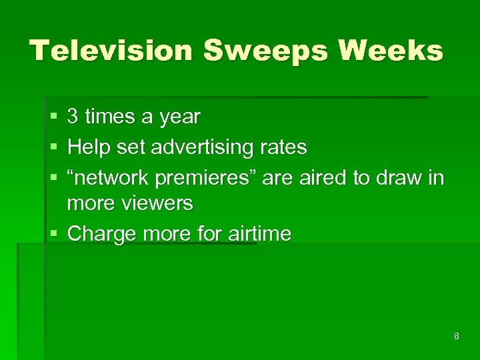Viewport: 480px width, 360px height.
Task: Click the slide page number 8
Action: click(456, 336)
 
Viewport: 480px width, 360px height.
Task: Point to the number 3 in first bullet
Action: click(73, 117)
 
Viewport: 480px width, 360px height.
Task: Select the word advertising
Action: click(202, 147)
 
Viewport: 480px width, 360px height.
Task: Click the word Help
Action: click(89, 147)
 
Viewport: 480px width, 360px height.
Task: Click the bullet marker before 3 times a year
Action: click(53, 118)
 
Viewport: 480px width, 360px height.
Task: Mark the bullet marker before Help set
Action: click(53, 147)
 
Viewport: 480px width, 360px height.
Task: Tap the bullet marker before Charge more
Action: click(53, 234)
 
